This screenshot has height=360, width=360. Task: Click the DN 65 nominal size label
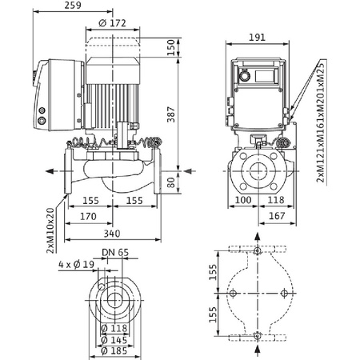[118, 253]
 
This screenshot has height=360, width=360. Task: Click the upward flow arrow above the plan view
[256, 239]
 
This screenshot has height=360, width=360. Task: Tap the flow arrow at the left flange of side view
[50, 169]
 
